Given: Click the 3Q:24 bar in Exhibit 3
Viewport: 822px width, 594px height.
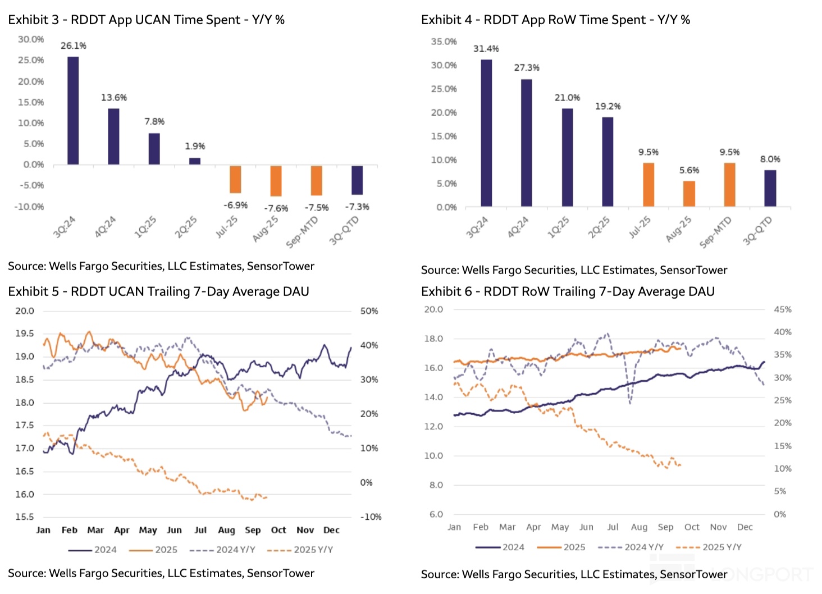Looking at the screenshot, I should point(73,111).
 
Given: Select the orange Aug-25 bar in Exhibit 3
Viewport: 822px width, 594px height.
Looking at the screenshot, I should point(276,181).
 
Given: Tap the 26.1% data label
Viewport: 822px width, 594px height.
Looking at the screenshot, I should point(74,45).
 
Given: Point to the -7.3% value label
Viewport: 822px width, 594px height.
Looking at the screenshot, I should point(357,207).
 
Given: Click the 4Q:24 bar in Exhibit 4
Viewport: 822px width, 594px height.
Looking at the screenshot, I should point(527,143).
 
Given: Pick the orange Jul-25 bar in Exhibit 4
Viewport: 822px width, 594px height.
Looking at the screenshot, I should point(649,185).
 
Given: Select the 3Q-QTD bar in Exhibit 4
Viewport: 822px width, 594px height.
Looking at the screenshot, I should point(770,188).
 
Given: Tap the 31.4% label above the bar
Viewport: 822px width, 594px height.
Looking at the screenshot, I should point(486,49).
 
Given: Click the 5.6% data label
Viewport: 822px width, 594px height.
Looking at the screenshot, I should point(689,170).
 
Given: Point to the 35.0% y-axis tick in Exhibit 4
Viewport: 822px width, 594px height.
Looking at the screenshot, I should point(444,42).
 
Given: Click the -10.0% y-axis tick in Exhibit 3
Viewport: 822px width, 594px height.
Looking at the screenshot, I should point(29,207).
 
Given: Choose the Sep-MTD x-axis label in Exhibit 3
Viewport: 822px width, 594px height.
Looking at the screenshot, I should point(303,232).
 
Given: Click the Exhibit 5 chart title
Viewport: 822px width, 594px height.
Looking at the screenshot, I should point(158,291).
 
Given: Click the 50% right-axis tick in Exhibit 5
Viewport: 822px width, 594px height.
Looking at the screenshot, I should point(369,311).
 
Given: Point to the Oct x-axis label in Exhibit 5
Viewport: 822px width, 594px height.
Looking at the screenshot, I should point(278,530).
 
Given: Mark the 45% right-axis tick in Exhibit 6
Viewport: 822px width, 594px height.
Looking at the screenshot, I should point(783,309).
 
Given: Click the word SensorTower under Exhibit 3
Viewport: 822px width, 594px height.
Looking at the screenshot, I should point(281,266).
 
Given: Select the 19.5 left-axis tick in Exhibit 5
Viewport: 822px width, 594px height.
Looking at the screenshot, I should point(25,333).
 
